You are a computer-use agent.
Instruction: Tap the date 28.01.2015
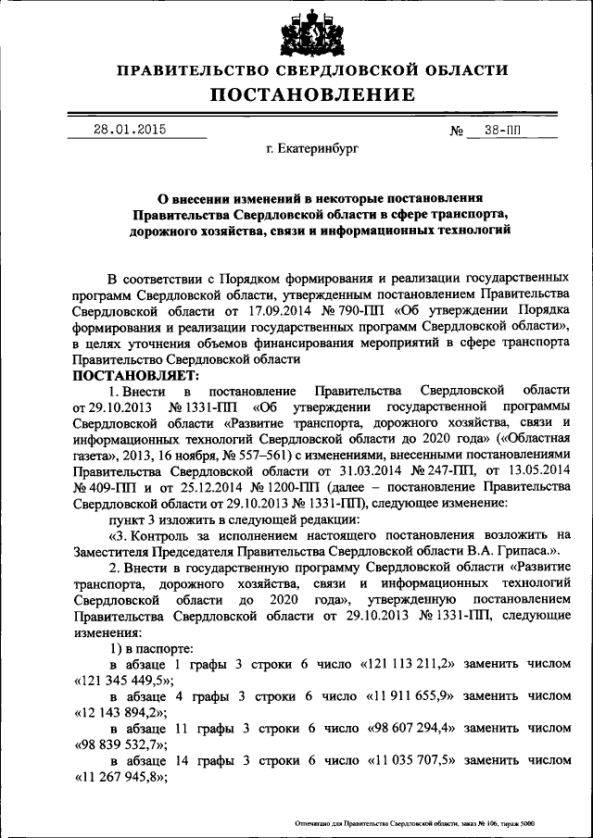click(129, 130)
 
